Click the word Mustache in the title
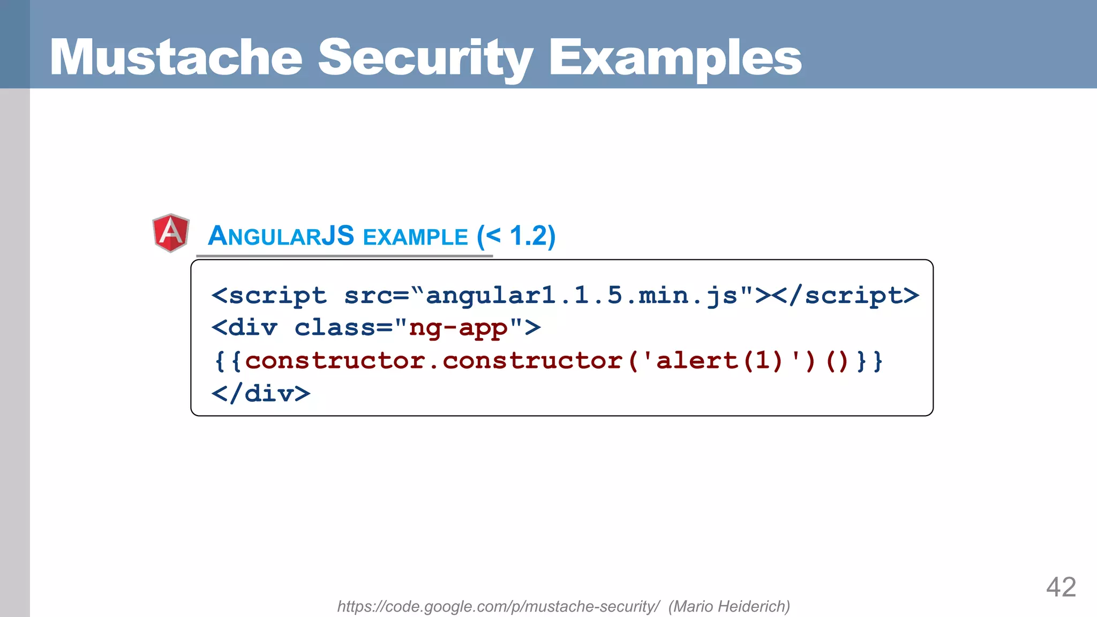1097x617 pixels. [176, 57]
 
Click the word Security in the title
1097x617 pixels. [425, 57]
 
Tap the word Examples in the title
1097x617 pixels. [675, 57]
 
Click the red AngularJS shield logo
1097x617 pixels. [171, 233]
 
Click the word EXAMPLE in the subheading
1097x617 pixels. [415, 237]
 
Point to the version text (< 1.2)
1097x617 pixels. [516, 236]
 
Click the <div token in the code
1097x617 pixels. [244, 328]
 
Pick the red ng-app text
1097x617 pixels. [458, 328]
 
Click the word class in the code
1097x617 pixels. [335, 328]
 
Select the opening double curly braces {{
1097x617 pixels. [228, 361]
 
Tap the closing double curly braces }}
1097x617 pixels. [869, 361]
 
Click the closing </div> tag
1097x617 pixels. [261, 394]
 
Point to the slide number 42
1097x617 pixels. [1061, 587]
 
